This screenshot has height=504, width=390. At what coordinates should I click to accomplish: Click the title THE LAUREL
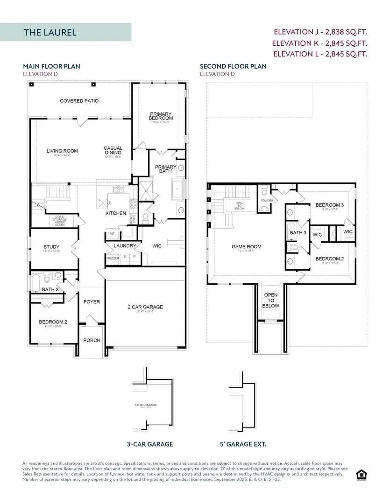pyautogui.click(x=50, y=32)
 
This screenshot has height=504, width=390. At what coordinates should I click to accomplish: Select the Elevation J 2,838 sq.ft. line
pyautogui.click(x=320, y=32)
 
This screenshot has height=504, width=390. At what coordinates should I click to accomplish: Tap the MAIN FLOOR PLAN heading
pyautogui.click(x=51, y=66)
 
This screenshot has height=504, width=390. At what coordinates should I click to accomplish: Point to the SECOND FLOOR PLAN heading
pyautogui.click(x=233, y=66)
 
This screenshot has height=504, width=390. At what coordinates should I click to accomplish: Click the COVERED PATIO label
pyautogui.click(x=79, y=101)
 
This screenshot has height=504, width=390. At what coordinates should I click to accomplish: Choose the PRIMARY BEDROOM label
pyautogui.click(x=161, y=116)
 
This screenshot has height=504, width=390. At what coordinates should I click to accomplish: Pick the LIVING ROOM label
pyautogui.click(x=62, y=151)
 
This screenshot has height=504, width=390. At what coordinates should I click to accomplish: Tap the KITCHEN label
pyautogui.click(x=115, y=213)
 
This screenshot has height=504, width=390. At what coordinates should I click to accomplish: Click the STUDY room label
pyautogui.click(x=51, y=247)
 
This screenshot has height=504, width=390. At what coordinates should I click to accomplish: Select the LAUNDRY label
pyautogui.click(x=125, y=245)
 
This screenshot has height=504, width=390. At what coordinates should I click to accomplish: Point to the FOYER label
pyautogui.click(x=92, y=301)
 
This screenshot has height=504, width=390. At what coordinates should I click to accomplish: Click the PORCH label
pyautogui.click(x=92, y=340)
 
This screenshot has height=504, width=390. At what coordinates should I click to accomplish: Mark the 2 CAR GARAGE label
pyautogui.click(x=145, y=307)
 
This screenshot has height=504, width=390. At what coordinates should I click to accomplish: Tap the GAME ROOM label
pyautogui.click(x=247, y=246)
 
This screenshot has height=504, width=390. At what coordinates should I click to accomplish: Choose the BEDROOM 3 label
pyautogui.click(x=330, y=205)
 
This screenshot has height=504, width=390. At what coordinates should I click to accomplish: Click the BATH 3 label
pyautogui.click(x=298, y=232)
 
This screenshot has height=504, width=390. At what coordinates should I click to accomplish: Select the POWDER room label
pyautogui.click(x=267, y=200)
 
